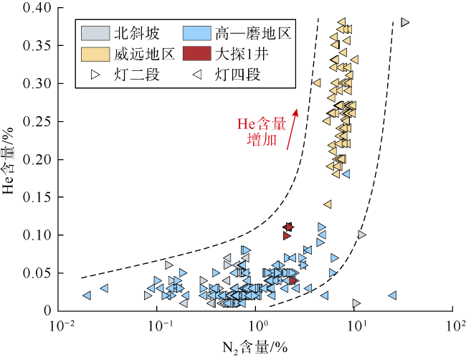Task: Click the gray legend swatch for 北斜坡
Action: (x=92, y=33)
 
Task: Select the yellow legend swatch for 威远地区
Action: (x=92, y=53)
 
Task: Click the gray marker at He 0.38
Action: (x=405, y=22)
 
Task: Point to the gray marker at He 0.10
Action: (x=361, y=235)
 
